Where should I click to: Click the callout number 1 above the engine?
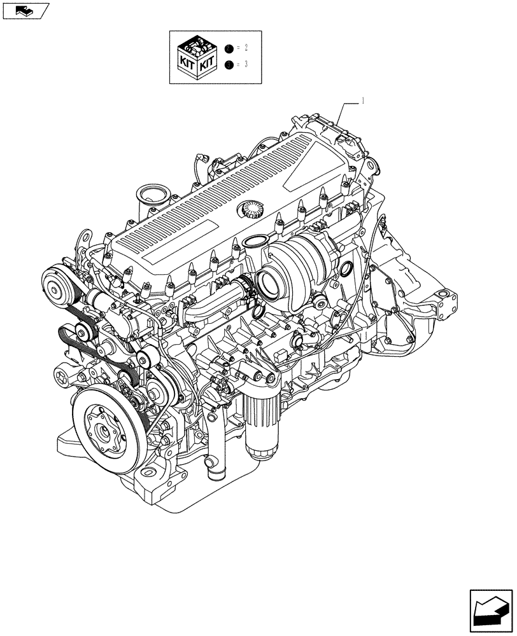point(363,100)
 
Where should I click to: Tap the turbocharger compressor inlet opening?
point(273,279)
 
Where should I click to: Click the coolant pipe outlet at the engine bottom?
point(212,474)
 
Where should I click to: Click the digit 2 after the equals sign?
point(246,48)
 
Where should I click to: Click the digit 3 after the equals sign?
point(246,64)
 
